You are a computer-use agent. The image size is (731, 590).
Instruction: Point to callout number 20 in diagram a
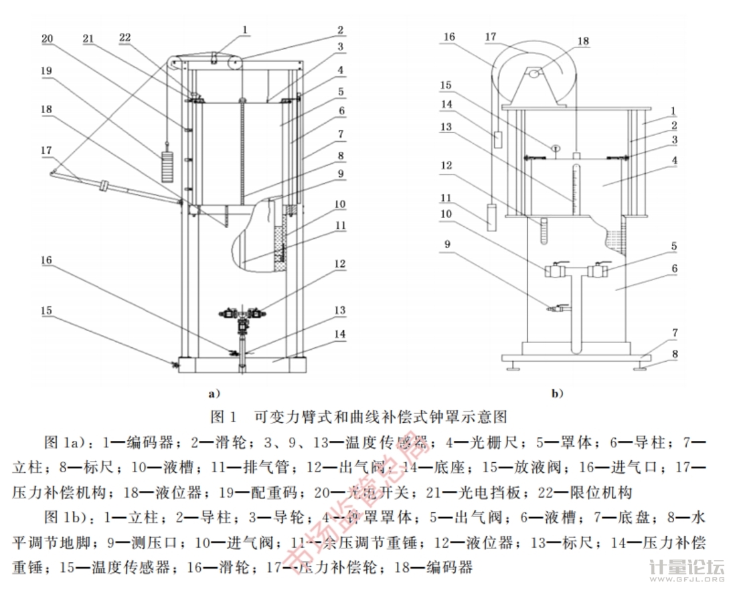[48, 39]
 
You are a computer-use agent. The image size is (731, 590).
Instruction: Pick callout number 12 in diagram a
[341, 264]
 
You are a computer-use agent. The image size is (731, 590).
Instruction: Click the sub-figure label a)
[214, 393]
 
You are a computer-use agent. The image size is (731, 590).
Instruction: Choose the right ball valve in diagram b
[597, 271]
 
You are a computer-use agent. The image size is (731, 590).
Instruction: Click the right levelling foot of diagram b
[645, 365]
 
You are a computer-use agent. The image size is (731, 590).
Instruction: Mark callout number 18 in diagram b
[583, 41]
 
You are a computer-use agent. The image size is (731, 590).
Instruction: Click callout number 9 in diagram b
[447, 244]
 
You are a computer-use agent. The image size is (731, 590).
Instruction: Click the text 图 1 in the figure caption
[224, 417]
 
